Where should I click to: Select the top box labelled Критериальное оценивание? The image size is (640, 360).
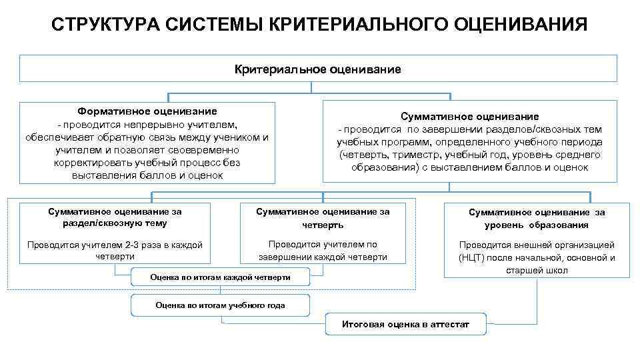tap(318, 69)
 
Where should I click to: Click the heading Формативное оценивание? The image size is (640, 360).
tap(147, 111)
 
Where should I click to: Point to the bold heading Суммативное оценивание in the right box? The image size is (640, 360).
tap(470, 116)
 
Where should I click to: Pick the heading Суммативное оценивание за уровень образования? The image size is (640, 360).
tap(537, 219)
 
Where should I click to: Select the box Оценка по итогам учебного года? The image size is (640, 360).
tap(220, 305)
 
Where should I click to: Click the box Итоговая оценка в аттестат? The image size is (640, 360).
tap(405, 325)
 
